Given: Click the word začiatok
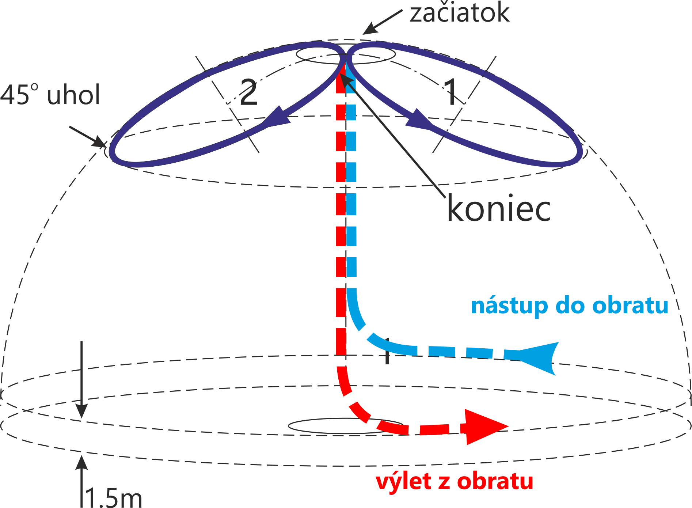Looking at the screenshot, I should click(459, 13).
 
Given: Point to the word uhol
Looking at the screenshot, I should click(73, 95).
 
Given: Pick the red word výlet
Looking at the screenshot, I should click(404, 482).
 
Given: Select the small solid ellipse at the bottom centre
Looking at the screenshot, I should click(345, 426).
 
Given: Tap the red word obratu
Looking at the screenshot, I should click(495, 482).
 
